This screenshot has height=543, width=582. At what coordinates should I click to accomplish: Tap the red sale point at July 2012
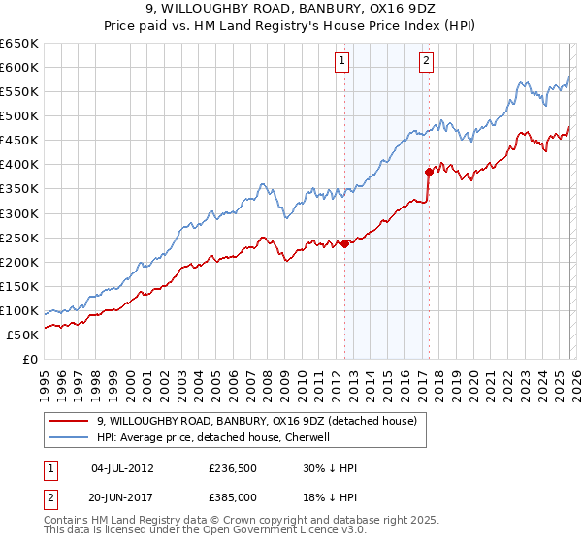(x=344, y=243)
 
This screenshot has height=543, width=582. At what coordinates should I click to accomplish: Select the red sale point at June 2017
(x=428, y=171)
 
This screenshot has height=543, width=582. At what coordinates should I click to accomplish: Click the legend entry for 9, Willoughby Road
(x=256, y=421)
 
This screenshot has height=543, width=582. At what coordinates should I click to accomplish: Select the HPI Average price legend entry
(x=213, y=437)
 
